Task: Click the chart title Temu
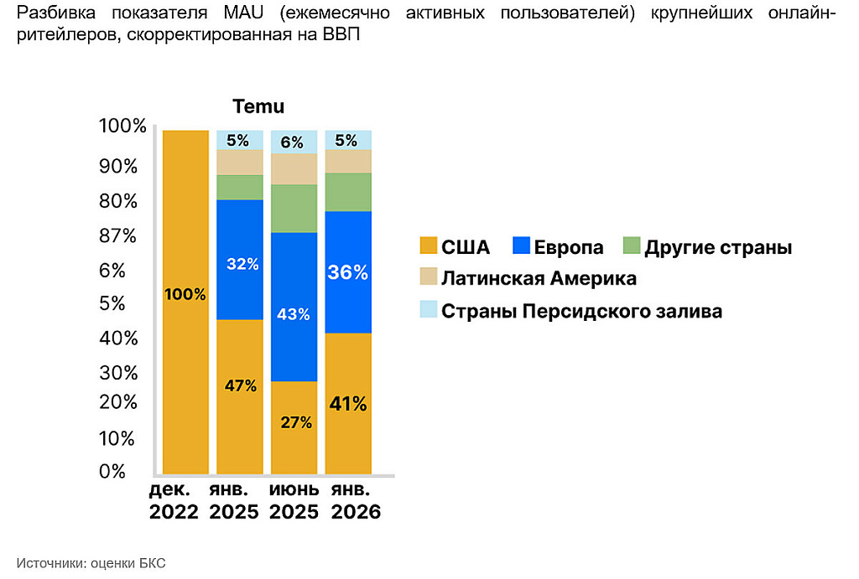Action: (x=258, y=106)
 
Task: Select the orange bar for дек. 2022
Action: (x=185, y=302)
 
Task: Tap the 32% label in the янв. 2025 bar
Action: (x=242, y=264)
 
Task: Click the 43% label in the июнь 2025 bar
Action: (x=293, y=314)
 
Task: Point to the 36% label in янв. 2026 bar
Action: (x=348, y=272)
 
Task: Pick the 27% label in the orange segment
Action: (x=296, y=422)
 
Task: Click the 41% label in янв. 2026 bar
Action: (x=348, y=404)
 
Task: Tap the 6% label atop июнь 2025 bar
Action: (x=292, y=142)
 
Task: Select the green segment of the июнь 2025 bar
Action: (x=294, y=209)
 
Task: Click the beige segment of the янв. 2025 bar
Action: (x=240, y=162)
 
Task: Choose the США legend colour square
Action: (x=429, y=246)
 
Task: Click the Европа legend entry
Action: (x=558, y=247)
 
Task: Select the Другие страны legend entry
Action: (x=708, y=247)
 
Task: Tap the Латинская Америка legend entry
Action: (x=528, y=278)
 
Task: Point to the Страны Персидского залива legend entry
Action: (x=570, y=311)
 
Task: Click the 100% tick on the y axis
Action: (x=122, y=126)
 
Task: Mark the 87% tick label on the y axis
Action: (x=117, y=235)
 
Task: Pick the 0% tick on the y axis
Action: (x=112, y=471)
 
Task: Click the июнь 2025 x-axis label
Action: (x=294, y=500)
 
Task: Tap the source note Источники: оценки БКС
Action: (x=91, y=563)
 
